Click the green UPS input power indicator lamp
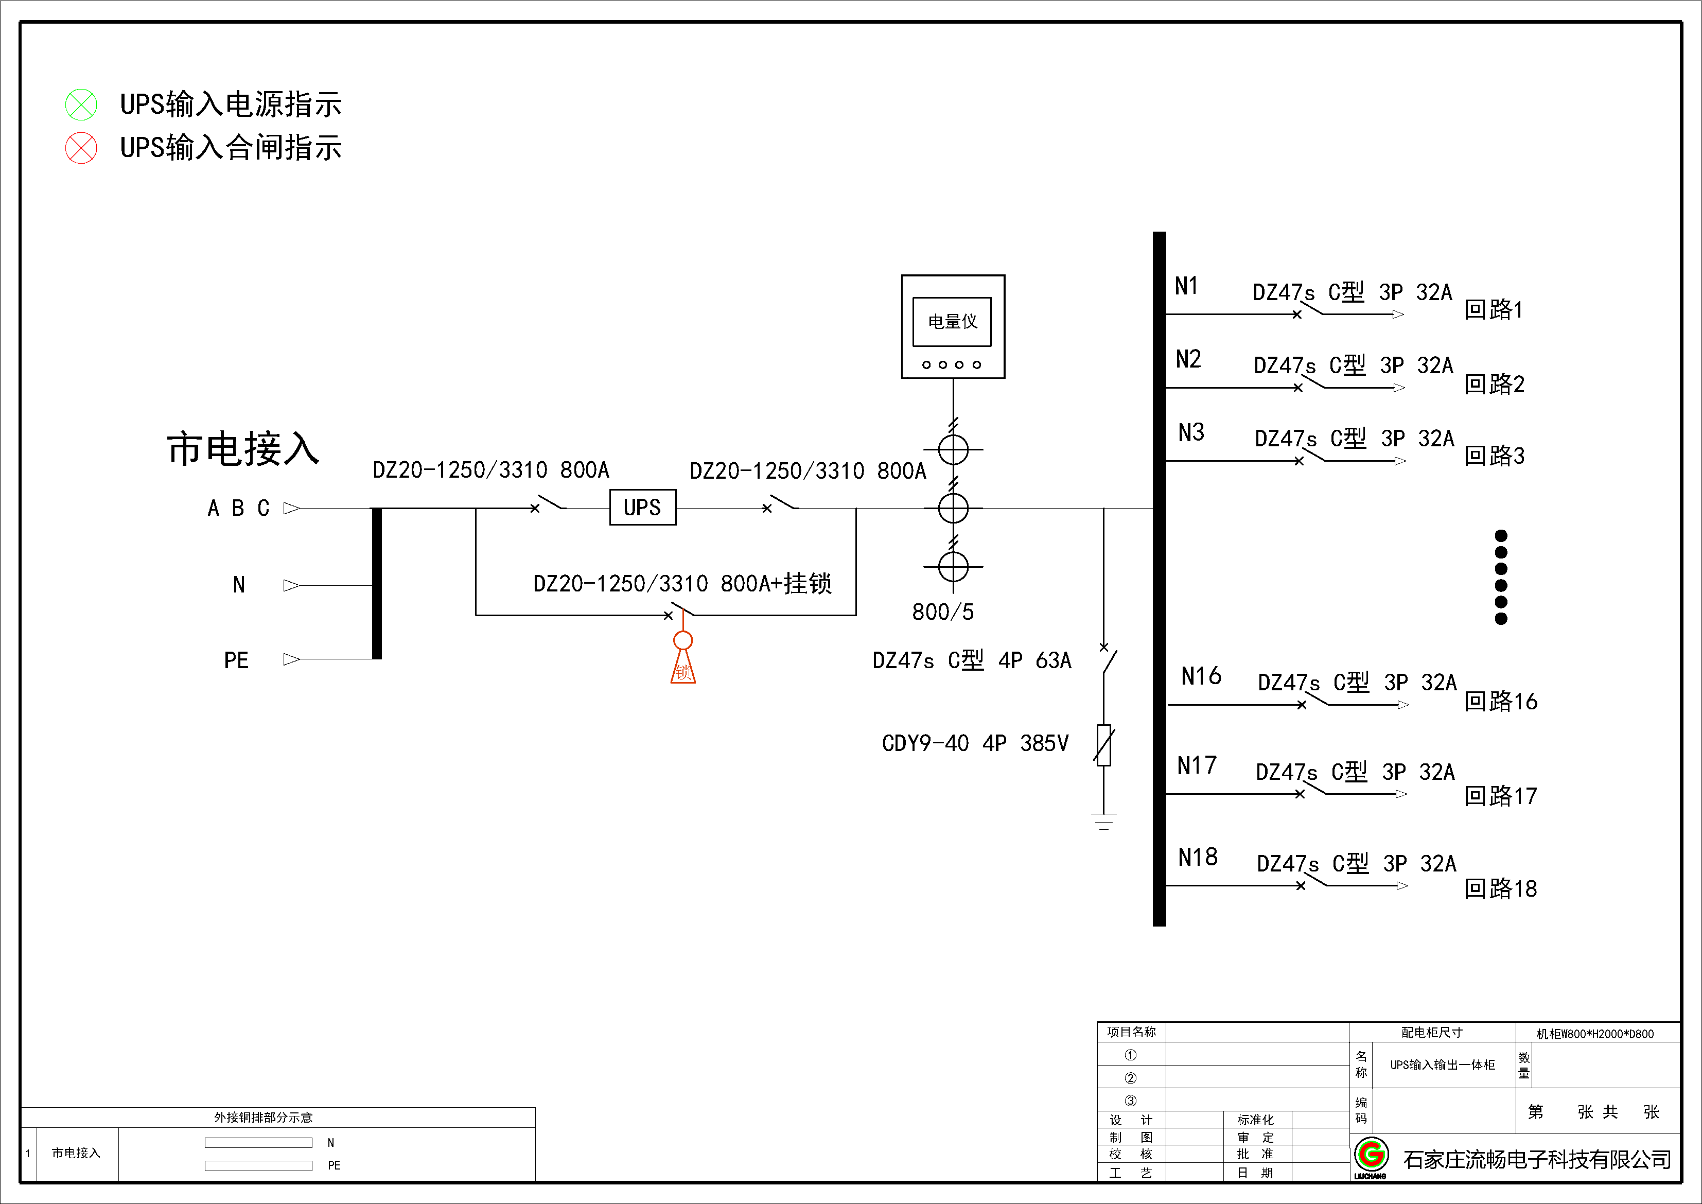(81, 104)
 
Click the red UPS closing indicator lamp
(81, 148)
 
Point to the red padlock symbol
(683, 660)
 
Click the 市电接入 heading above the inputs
(243, 449)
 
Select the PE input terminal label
(236, 660)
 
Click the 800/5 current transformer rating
(942, 612)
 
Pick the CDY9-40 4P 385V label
(975, 743)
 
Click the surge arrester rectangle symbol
(1104, 744)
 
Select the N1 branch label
(1186, 286)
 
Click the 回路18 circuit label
(1500, 888)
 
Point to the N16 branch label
(1200, 676)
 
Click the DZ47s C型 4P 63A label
(971, 660)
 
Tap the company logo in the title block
(1371, 1155)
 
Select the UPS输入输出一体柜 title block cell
(1442, 1065)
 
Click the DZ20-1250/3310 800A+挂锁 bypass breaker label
(682, 583)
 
